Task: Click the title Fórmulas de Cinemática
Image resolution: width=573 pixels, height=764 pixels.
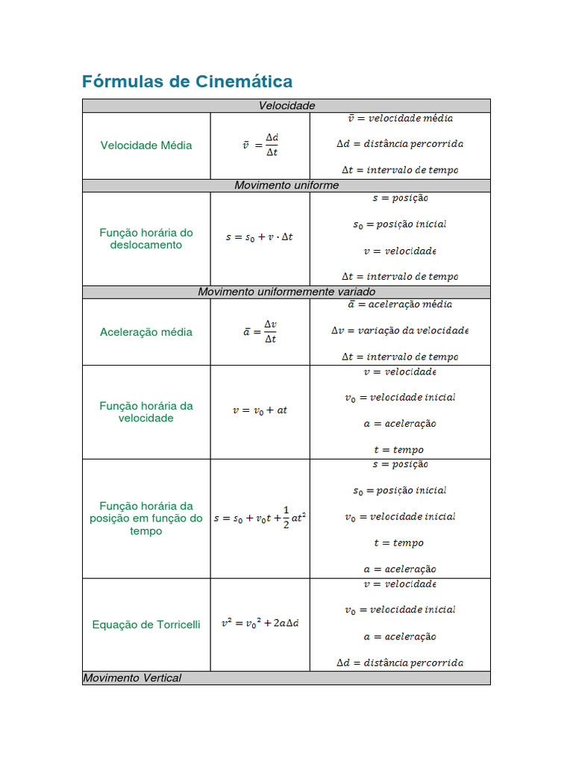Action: [187, 81]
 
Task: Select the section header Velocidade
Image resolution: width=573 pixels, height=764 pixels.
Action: [286, 106]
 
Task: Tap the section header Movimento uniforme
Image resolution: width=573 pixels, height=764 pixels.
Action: [286, 185]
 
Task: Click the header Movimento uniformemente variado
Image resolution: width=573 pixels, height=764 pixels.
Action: [286, 292]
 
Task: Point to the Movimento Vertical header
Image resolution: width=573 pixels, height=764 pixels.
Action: [132, 678]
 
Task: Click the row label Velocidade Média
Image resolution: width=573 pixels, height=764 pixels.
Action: [146, 145]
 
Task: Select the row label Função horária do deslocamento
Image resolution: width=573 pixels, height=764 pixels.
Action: [146, 239]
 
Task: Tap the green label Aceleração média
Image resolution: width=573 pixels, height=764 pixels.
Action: [146, 332]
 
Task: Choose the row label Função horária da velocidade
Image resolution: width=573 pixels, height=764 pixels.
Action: [146, 412]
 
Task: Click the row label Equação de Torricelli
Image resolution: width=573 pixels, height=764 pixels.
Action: [146, 624]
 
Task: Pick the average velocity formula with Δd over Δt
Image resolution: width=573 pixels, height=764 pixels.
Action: [260, 145]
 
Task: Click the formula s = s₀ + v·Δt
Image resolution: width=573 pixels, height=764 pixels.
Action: [260, 237]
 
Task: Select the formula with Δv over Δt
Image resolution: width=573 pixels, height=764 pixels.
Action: [260, 332]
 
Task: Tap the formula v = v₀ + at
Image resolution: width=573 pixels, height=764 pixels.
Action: [260, 410]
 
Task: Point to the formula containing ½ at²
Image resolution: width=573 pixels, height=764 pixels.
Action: [260, 517]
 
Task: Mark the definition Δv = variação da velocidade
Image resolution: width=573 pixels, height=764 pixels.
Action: [400, 331]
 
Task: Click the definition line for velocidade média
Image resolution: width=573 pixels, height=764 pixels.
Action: [400, 119]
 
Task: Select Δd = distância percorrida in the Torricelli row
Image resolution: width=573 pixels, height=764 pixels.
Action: [400, 663]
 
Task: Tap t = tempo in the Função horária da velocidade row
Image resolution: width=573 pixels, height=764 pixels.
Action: [398, 450]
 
